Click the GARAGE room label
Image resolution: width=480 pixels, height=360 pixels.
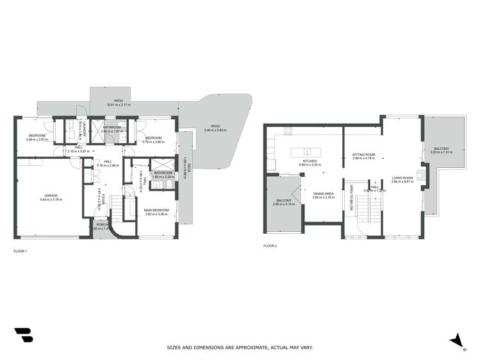click(x=51, y=195)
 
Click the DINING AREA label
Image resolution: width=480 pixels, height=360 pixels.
click(x=324, y=193)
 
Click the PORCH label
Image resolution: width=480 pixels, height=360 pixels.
click(x=101, y=225)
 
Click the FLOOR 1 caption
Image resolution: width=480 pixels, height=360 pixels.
click(x=21, y=251)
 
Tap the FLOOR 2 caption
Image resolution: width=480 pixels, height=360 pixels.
click(x=271, y=245)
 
